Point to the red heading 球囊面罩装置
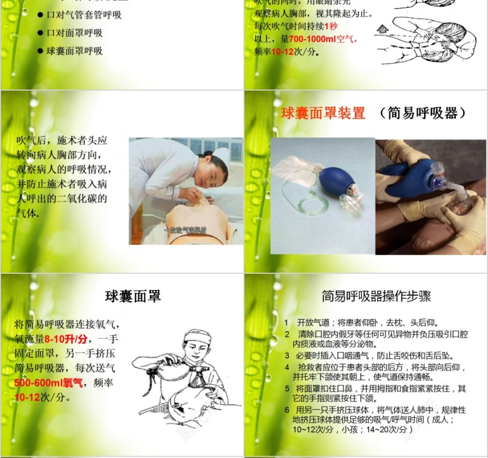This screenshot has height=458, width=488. point(323,113)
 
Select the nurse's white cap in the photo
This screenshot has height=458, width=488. point(221,155)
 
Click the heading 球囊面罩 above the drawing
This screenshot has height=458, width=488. point(132,296)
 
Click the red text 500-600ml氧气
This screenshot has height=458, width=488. point(49,382)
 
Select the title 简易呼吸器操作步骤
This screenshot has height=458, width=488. point(376,296)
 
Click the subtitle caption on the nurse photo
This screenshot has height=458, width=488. point(185,230)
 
